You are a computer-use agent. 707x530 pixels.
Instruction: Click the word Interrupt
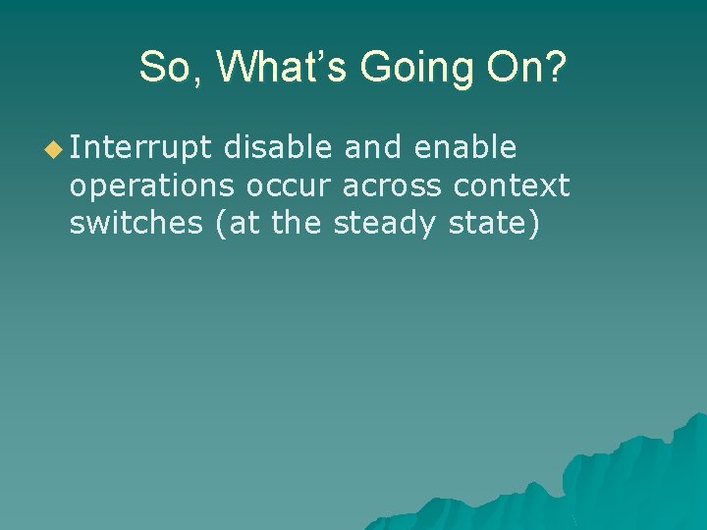[x=140, y=148]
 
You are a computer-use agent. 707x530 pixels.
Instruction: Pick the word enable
[x=464, y=147]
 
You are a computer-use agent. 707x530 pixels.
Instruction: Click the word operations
[x=152, y=185]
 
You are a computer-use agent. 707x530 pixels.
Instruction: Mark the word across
[x=392, y=185]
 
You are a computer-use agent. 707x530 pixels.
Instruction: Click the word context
[x=512, y=185]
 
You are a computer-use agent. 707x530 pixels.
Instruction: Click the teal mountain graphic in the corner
[x=609, y=481]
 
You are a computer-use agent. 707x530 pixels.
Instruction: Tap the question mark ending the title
[x=556, y=69]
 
